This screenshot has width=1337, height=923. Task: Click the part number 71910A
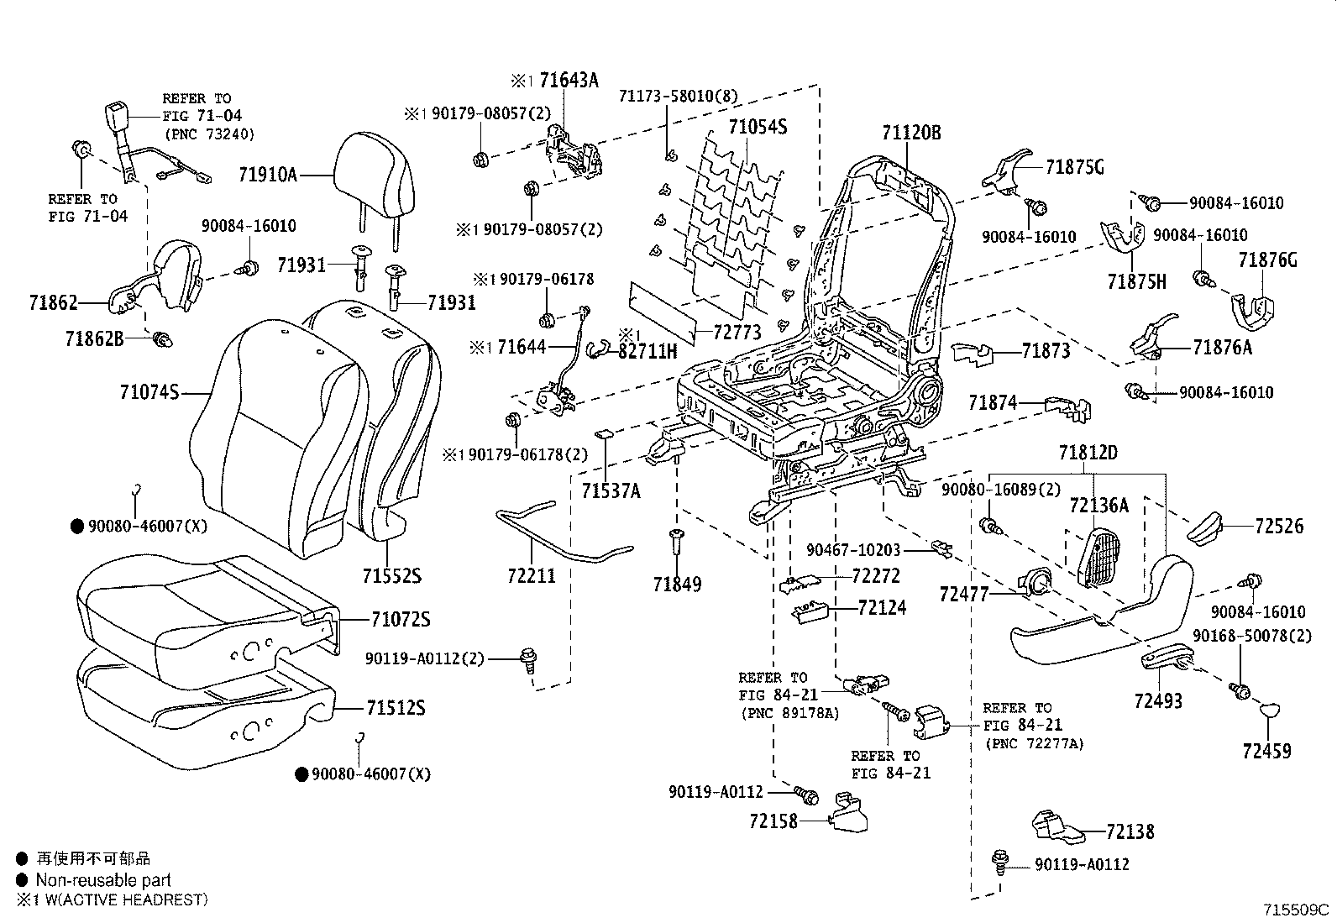(x=267, y=175)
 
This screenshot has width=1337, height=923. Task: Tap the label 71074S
(x=149, y=391)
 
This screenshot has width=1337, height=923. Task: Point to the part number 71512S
(x=396, y=708)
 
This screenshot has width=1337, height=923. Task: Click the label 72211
(x=532, y=576)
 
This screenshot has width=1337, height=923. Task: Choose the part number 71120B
(x=911, y=132)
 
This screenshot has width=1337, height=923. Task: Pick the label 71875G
(x=1075, y=167)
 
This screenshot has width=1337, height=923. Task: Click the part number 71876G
(x=1267, y=260)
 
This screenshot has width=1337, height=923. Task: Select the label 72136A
(x=1099, y=505)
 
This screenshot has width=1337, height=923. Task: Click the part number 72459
(x=1266, y=751)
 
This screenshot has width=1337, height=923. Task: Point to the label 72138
(x=1130, y=831)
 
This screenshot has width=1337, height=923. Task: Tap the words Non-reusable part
(x=102, y=879)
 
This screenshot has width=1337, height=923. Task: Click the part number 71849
(x=678, y=583)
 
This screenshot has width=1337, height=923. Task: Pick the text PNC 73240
(x=208, y=134)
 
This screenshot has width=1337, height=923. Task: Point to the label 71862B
(x=94, y=338)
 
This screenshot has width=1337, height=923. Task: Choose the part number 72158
(x=773, y=821)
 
